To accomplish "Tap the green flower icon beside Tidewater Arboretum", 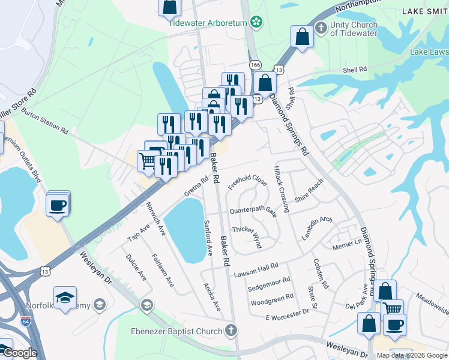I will (257, 22).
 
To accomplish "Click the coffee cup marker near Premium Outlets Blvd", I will (58, 205).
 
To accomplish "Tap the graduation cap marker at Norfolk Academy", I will (65, 298).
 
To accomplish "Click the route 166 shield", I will (255, 64).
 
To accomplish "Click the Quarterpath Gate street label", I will (253, 211).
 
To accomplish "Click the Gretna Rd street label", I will (196, 187).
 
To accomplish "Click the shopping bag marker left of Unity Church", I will (303, 37).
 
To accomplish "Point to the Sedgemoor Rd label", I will (268, 284).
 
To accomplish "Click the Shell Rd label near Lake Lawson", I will (354, 70).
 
